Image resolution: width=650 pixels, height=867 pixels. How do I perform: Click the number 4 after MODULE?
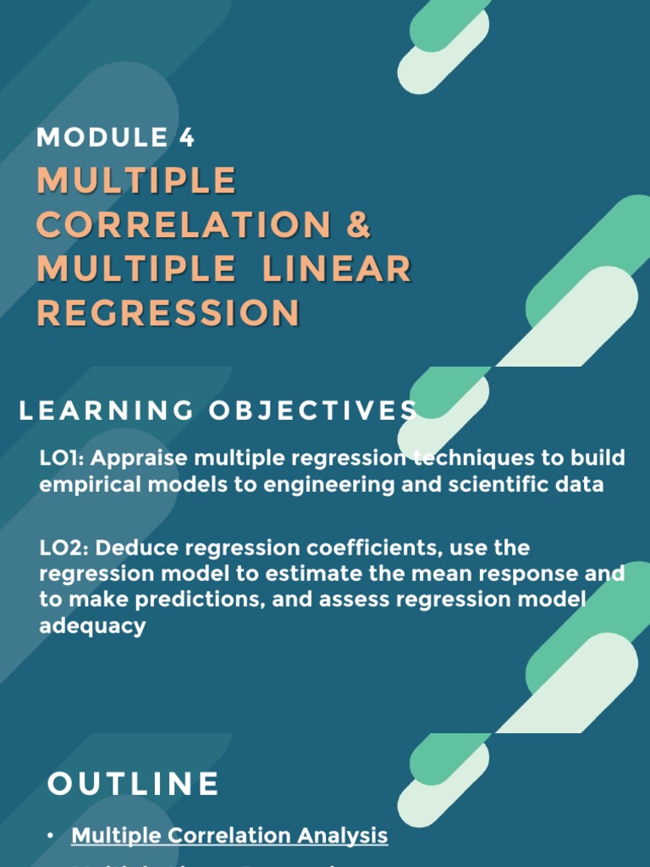tap(186, 137)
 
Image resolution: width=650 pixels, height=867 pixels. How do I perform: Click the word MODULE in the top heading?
tap(102, 137)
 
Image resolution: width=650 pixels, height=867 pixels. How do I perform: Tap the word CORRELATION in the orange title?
tap(184, 225)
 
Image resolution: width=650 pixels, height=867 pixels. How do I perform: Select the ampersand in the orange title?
tap(359, 225)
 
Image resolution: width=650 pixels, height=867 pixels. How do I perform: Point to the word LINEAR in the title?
tap(337, 269)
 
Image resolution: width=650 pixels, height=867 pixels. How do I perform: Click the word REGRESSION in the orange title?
tap(168, 313)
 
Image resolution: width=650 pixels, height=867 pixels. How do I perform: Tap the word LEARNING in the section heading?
tap(102, 411)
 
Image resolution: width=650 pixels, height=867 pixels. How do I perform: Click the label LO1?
tap(63, 458)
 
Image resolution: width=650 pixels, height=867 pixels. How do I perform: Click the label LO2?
tap(64, 548)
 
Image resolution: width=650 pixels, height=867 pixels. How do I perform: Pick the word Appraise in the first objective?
tap(140, 458)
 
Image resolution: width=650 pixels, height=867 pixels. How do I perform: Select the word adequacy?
tap(92, 627)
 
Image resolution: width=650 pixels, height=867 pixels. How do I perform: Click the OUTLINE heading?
tap(134, 784)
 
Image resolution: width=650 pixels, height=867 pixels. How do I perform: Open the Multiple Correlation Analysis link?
tap(229, 836)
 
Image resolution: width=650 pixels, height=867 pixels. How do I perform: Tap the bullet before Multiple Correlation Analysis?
tap(52, 837)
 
